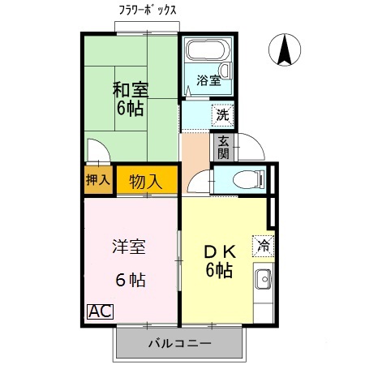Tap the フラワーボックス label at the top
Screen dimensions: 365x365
[x=149, y=10]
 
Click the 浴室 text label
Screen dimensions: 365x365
[x=208, y=79]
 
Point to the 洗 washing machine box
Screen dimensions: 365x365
[x=221, y=115]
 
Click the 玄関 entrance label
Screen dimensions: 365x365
[x=222, y=148]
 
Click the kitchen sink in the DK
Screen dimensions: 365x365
[x=263, y=281]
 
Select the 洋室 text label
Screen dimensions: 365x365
[x=128, y=247]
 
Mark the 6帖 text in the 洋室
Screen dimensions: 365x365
[x=130, y=281]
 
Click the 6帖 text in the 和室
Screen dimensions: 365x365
[x=129, y=109]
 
